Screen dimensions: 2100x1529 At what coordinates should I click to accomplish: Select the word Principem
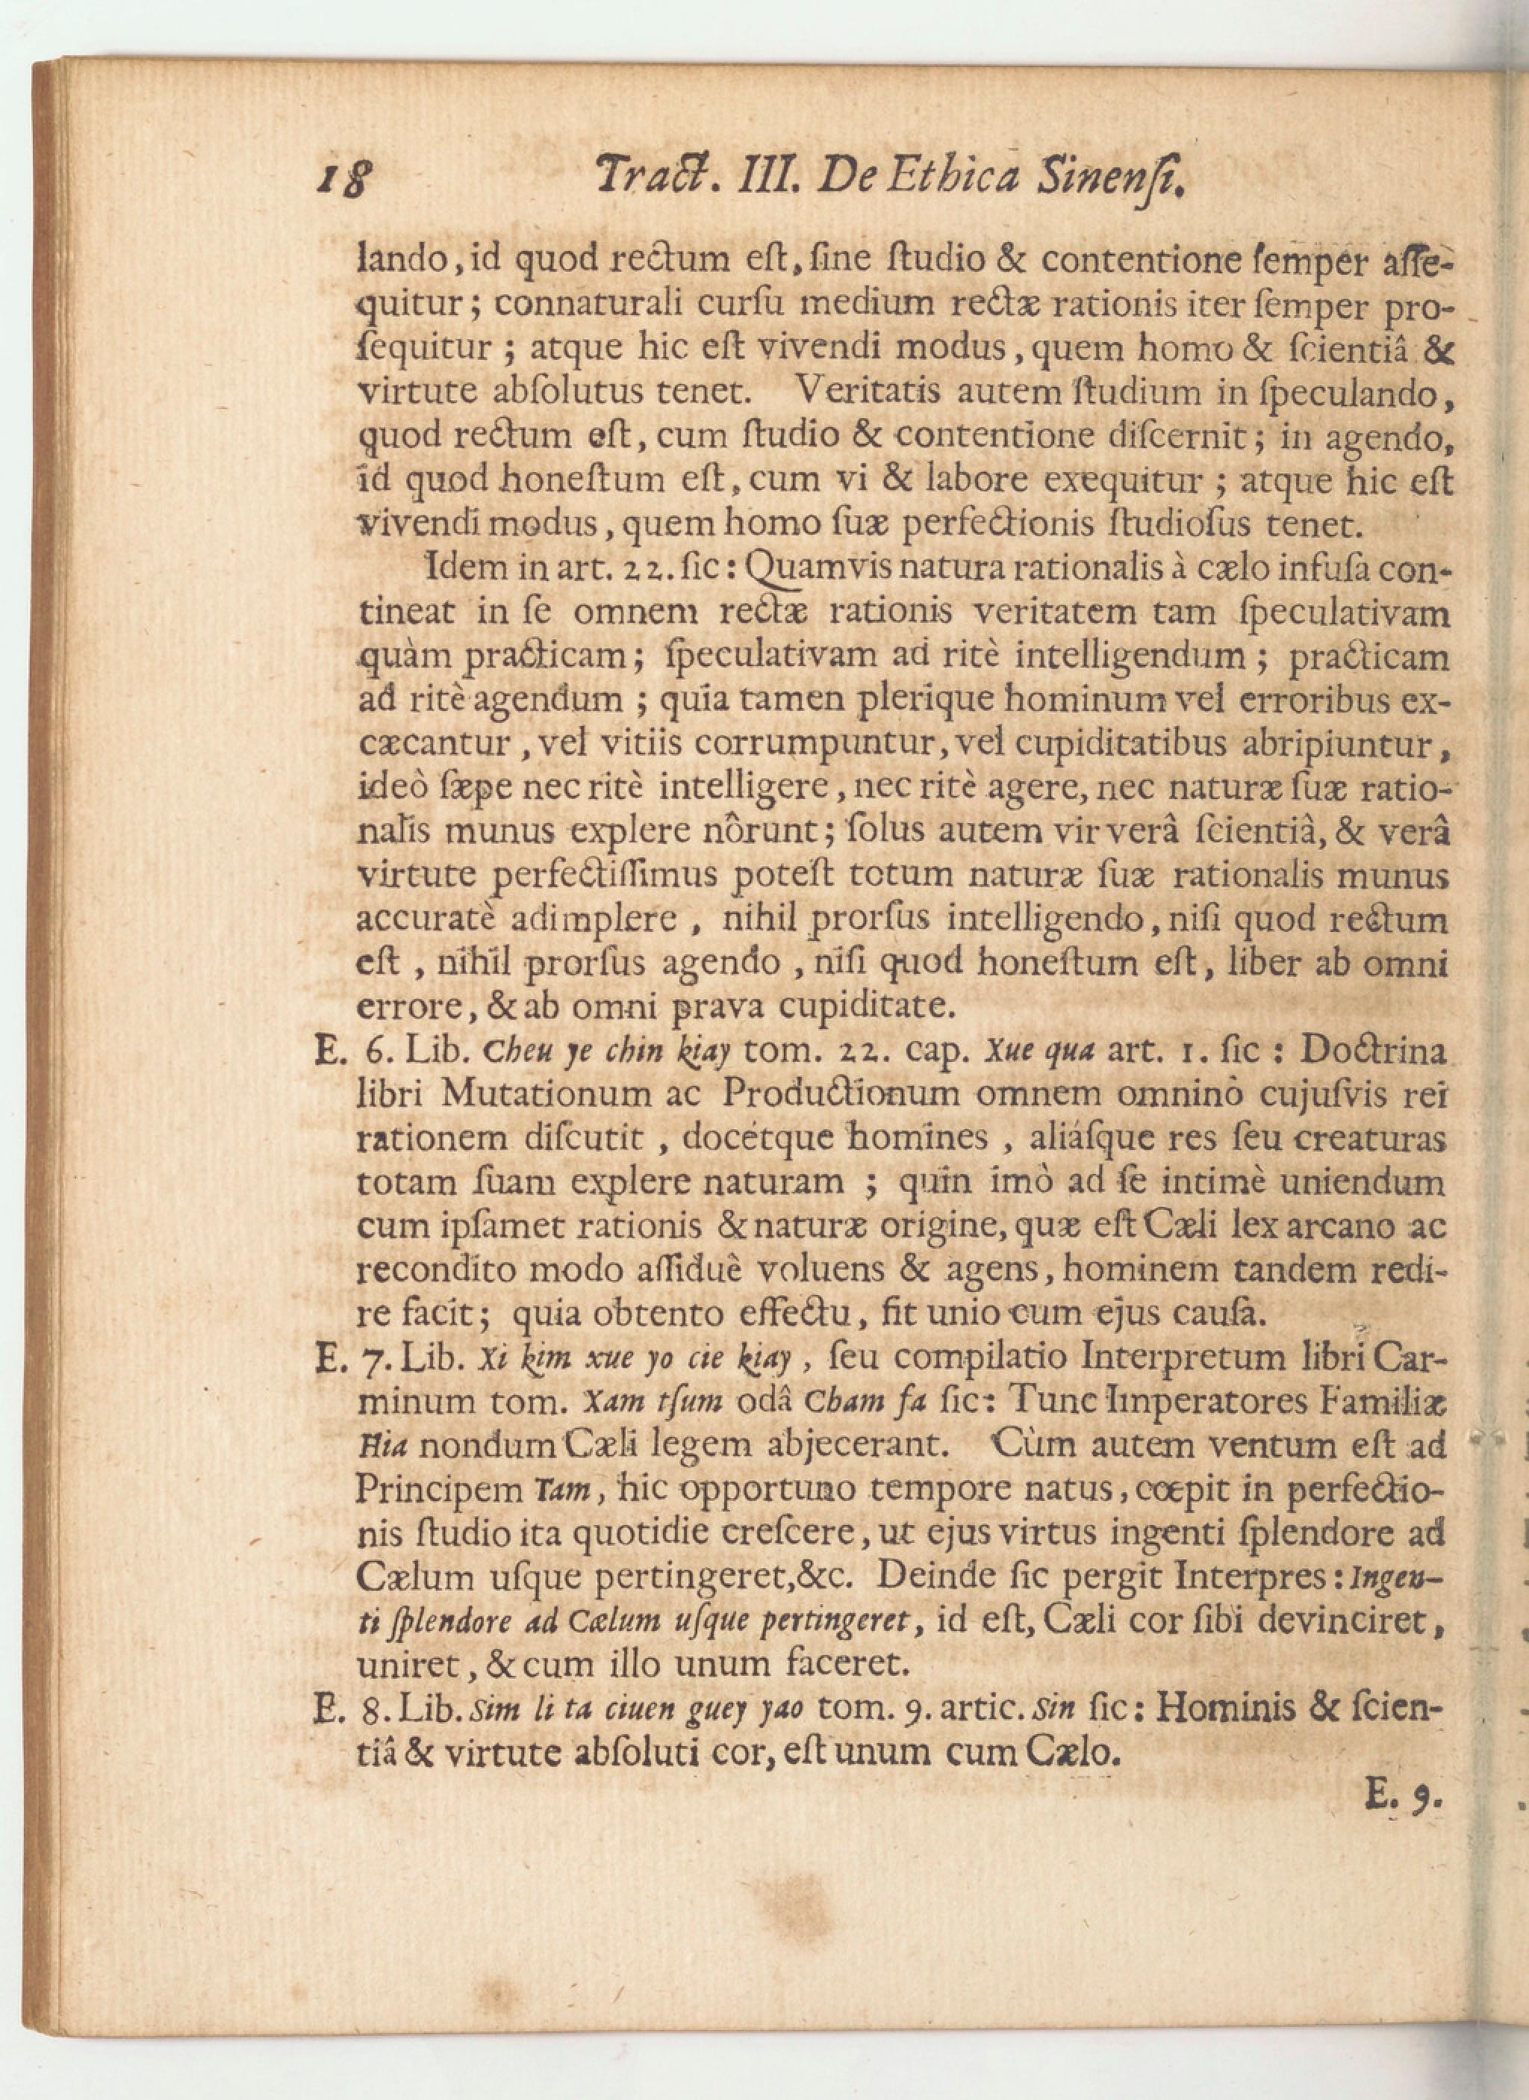coord(439,1490)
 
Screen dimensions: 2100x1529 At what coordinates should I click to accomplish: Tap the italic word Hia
coord(378,1447)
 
